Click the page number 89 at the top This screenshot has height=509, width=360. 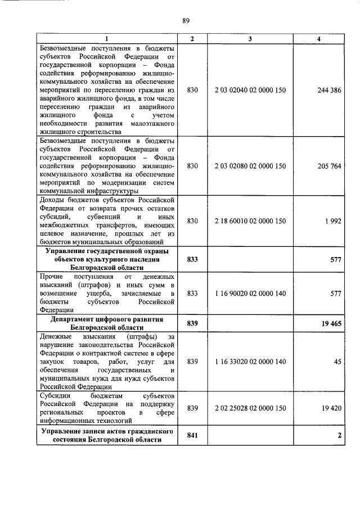(x=186, y=21)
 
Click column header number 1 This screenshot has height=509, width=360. (x=107, y=38)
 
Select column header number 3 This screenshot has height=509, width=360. (x=250, y=38)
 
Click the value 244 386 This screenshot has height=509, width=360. (x=329, y=90)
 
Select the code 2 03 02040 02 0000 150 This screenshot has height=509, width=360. (x=250, y=90)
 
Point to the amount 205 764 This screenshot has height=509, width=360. (x=329, y=166)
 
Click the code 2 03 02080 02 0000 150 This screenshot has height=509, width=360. (x=250, y=166)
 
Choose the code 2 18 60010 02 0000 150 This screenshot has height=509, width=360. (x=250, y=221)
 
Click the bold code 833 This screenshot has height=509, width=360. (x=192, y=260)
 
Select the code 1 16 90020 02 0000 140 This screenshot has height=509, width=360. (x=250, y=293)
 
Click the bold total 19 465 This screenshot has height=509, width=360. (x=330, y=323)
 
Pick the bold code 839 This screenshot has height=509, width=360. (x=192, y=323)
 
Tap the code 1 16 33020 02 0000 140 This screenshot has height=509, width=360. (x=250, y=362)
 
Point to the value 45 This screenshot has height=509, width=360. (x=337, y=362)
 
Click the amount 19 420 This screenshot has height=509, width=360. (x=331, y=408)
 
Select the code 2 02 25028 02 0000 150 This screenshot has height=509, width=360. (x=250, y=408)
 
